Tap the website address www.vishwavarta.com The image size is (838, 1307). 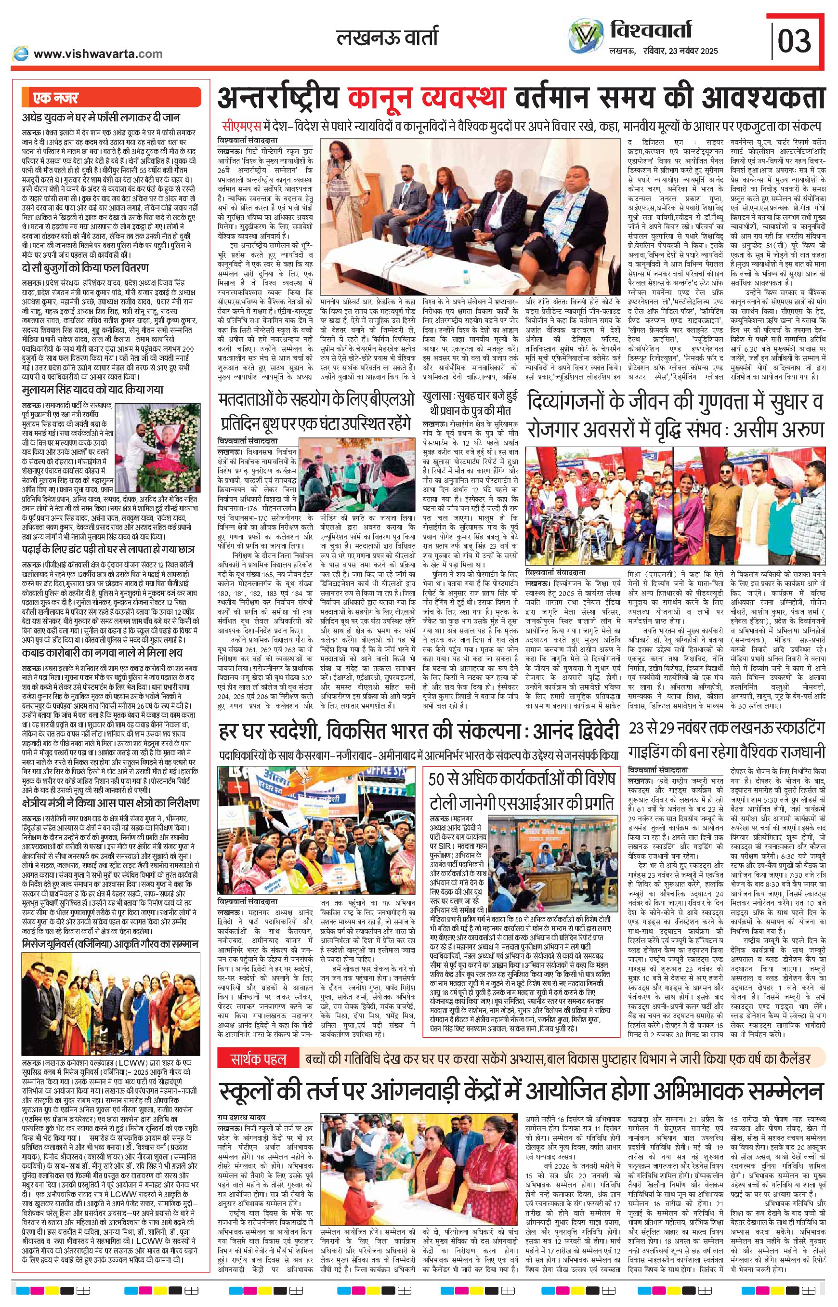point(98,53)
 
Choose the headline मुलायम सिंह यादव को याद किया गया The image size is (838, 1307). point(93,390)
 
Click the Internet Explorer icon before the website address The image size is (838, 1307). point(21,53)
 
